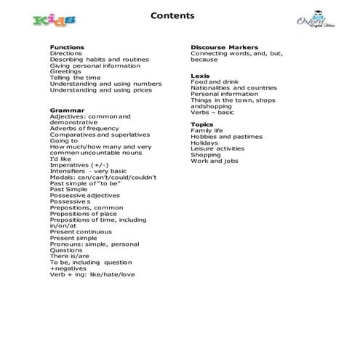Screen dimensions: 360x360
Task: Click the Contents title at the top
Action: point(172,15)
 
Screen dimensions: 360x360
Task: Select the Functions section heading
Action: point(67,47)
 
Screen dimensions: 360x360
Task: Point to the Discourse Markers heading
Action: point(224,47)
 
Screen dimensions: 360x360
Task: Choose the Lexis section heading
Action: point(201,76)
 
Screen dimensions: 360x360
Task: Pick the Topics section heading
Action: point(203,124)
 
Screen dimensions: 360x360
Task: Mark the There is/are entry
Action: point(70,256)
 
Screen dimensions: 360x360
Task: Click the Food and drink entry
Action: point(215,82)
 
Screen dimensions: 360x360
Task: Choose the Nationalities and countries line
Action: point(233,88)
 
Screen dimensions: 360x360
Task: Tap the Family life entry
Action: point(207,131)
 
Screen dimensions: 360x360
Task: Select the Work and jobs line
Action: point(214,161)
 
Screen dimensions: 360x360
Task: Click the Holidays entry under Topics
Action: point(205,143)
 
